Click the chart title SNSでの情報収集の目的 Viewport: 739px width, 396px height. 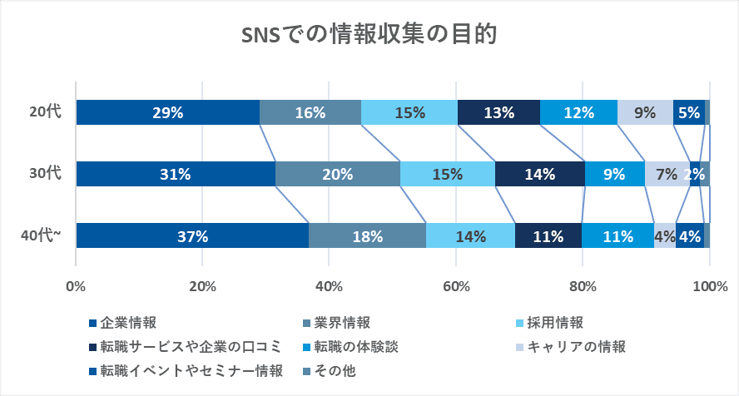pyautogui.click(x=369, y=35)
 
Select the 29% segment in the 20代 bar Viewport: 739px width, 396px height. pyautogui.click(x=167, y=112)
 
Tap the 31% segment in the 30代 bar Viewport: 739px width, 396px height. pyautogui.click(x=176, y=174)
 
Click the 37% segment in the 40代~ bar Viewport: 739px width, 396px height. pyautogui.click(x=192, y=235)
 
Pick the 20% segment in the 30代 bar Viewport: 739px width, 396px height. pyautogui.click(x=338, y=174)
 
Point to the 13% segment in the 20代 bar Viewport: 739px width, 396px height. pyautogui.click(x=498, y=112)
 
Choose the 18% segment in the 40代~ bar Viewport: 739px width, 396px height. pyautogui.click(x=367, y=235)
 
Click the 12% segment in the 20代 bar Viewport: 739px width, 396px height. pyautogui.click(x=578, y=112)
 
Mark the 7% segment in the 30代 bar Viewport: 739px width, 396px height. pyautogui.click(x=667, y=174)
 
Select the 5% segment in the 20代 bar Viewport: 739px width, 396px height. pyautogui.click(x=688, y=112)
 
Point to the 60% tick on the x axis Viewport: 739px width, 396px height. pyautogui.click(x=456, y=287)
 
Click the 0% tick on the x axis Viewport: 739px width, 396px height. pyautogui.click(x=76, y=287)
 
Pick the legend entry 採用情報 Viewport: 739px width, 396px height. pyautogui.click(x=554, y=322)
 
